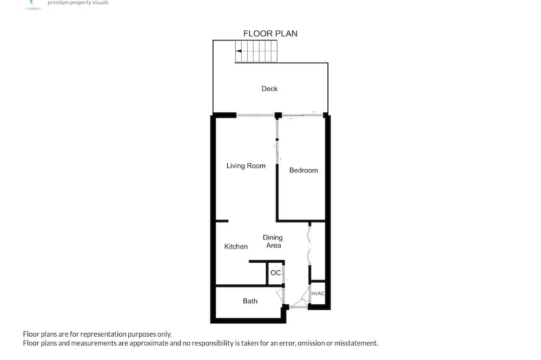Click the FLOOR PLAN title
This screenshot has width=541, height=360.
[270, 34]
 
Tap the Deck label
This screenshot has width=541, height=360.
[269, 89]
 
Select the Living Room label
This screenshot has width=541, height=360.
[246, 166]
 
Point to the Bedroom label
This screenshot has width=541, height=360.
[304, 170]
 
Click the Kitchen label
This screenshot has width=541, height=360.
[236, 246]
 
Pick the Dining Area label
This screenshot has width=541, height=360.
[273, 242]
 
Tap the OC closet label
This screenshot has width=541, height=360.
[275, 273]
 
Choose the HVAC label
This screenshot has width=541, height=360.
[318, 294]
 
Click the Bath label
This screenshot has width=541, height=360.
[250, 301]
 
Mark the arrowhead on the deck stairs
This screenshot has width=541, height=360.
[239, 51]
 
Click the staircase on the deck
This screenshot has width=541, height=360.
[256, 51]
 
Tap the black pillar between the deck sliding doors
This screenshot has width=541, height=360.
[278, 116]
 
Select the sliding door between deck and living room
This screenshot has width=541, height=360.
[256, 116]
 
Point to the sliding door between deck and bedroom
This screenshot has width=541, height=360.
[302, 115]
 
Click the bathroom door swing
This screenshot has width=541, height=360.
[281, 296]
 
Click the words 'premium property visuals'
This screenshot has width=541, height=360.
[78, 3]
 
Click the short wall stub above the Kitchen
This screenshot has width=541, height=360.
[222, 221]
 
